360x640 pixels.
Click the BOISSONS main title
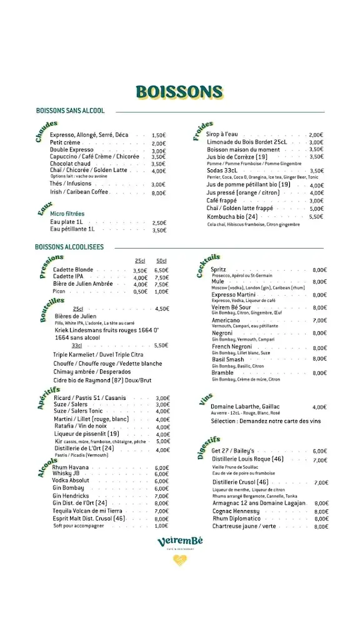click(x=179, y=92)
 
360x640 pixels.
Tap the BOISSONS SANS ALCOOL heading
click(x=71, y=111)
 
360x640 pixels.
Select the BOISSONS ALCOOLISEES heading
click(x=69, y=247)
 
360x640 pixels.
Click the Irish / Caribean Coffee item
click(x=80, y=192)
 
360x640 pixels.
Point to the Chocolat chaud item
click(x=71, y=164)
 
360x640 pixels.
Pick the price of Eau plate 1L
click(x=159, y=222)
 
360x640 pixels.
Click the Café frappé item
click(x=221, y=201)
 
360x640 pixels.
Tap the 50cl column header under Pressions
click(x=161, y=261)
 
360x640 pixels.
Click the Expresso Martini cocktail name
click(x=233, y=295)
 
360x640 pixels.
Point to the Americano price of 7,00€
click(x=319, y=321)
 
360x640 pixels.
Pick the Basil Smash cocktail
click(x=228, y=359)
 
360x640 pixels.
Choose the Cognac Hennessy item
click(x=236, y=511)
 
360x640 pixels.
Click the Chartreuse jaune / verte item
click(x=244, y=526)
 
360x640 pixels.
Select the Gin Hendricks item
click(x=71, y=496)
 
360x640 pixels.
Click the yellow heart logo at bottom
click(x=180, y=560)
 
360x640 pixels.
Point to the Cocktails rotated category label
click(x=209, y=265)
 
